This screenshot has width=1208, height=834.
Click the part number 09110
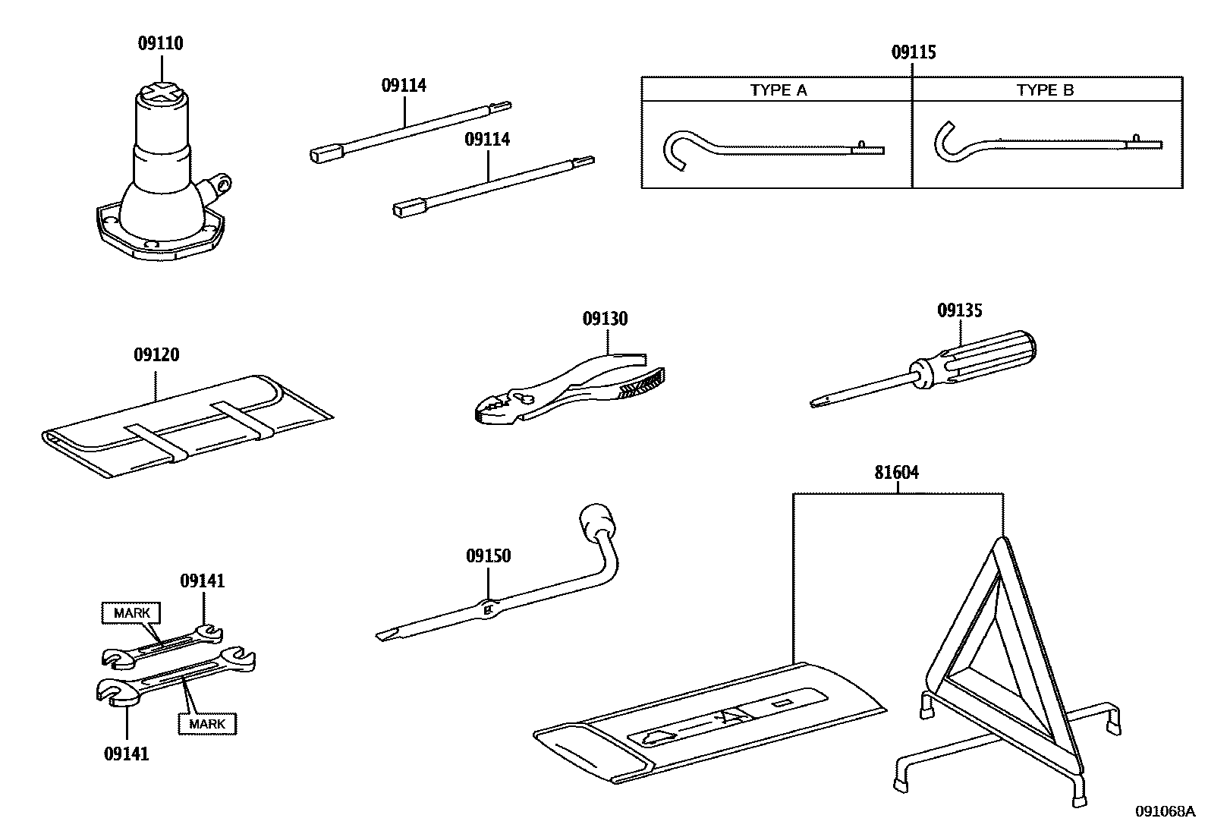pyautogui.click(x=160, y=43)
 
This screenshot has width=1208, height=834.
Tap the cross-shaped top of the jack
pyautogui.click(x=160, y=93)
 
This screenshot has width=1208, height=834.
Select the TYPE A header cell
pyautogui.click(x=778, y=90)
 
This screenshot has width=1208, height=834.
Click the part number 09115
pyautogui.click(x=913, y=52)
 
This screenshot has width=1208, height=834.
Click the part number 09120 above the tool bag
pyautogui.click(x=156, y=354)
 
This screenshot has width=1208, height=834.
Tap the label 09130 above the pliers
pyautogui.click(x=605, y=319)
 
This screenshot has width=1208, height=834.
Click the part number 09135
pyautogui.click(x=959, y=310)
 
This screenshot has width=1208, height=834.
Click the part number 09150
pyautogui.click(x=488, y=556)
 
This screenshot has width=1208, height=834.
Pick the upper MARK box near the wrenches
pyautogui.click(x=131, y=612)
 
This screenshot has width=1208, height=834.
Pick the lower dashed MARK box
pyautogui.click(x=207, y=724)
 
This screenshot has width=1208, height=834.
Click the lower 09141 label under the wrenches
pyautogui.click(x=126, y=754)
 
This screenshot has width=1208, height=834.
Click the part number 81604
pyautogui.click(x=896, y=473)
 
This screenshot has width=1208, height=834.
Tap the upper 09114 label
pyautogui.click(x=403, y=86)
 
